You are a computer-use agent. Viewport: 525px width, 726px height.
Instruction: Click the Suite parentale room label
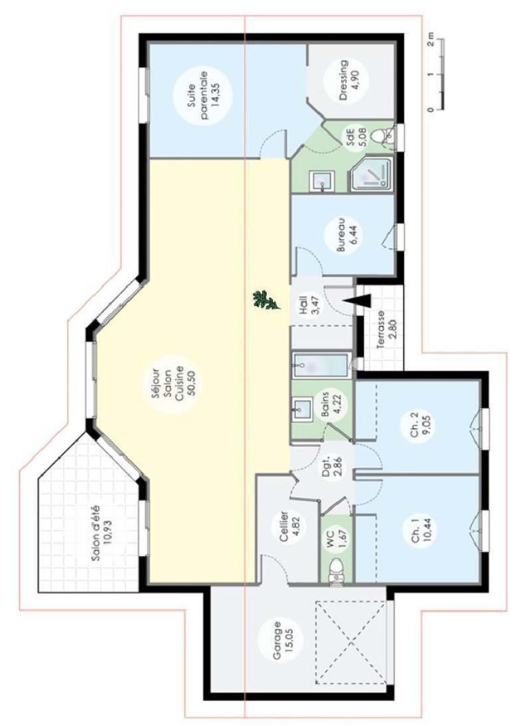pos(202,96)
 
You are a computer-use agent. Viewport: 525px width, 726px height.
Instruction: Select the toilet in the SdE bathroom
pos(383,135)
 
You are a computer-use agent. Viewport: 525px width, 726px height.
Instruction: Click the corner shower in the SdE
pos(372,173)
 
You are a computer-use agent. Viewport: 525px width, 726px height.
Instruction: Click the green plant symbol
pos(266,300)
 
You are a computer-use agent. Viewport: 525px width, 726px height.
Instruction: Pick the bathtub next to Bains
pos(320,365)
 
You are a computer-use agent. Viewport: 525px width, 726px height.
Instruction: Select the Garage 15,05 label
pos(281,640)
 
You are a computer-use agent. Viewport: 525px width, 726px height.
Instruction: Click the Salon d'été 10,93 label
pos(102,533)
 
